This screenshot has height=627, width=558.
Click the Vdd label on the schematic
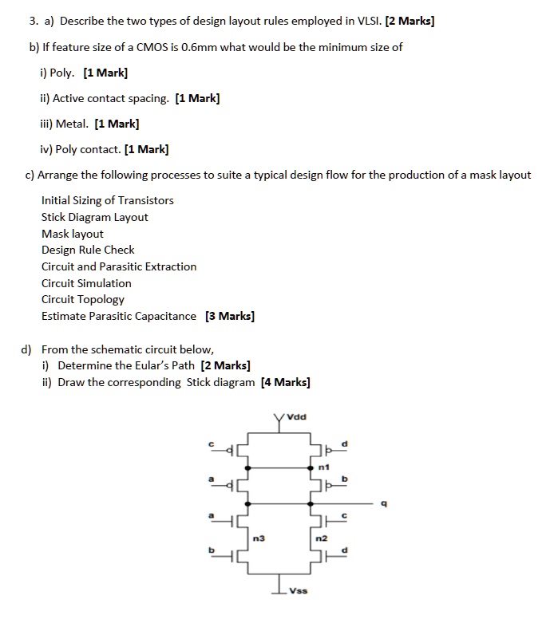click(x=298, y=416)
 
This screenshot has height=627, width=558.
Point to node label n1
click(x=323, y=466)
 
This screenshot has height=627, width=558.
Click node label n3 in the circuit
click(x=258, y=538)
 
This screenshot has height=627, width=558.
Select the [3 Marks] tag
click(x=230, y=316)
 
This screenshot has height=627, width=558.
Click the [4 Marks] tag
click(x=285, y=382)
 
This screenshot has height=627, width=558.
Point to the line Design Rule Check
click(x=88, y=250)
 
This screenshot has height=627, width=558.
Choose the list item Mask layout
click(x=73, y=234)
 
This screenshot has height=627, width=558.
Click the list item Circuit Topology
click(x=83, y=299)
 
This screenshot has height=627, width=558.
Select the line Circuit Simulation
click(x=86, y=283)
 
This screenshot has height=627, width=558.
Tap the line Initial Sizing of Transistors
click(x=108, y=200)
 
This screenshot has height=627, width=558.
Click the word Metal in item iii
click(x=71, y=124)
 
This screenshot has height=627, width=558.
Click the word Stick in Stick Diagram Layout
click(x=54, y=217)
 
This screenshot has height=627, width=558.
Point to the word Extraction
click(x=169, y=266)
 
